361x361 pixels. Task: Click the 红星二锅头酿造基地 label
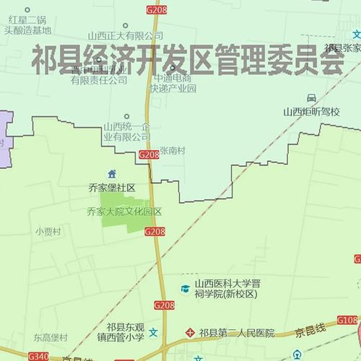tap(27, 25)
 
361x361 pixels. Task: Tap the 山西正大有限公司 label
tap(126, 35)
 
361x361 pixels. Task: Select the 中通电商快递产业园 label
tap(173, 83)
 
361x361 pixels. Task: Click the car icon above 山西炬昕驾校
tap(310, 98)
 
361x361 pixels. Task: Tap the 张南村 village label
tap(173, 151)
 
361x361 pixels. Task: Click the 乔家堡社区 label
tap(112, 187)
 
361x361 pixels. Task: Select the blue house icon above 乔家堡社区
tap(111, 174)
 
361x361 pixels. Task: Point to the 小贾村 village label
tap(48, 232)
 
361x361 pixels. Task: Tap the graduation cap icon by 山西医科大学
tap(185, 289)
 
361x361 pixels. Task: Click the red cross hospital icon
tap(190, 333)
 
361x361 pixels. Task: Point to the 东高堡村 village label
tap(51, 337)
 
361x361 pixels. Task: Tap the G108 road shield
tap(347, 320)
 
